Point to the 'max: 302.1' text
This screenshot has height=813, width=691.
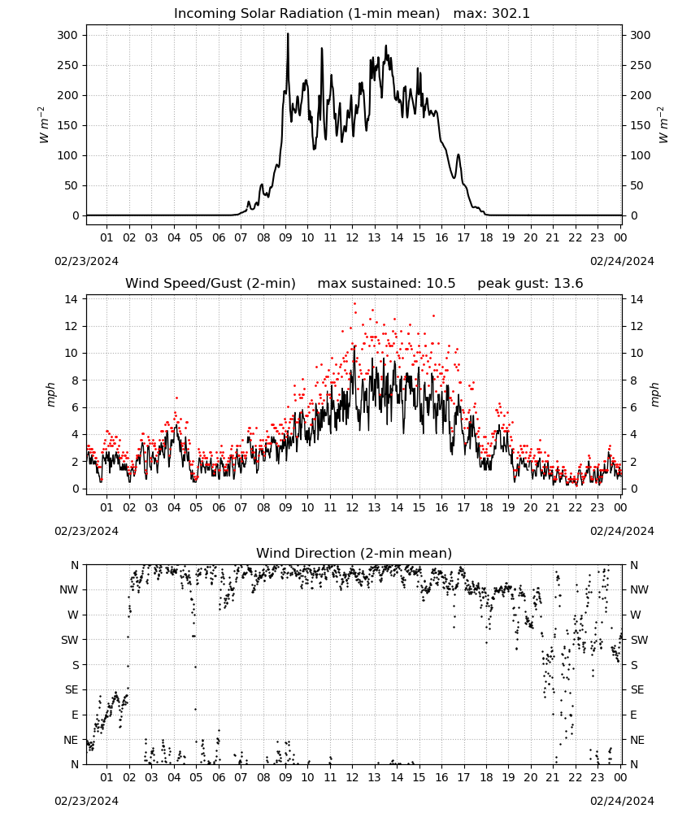coord(492,14)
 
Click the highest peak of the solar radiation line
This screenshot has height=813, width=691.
coord(289,33)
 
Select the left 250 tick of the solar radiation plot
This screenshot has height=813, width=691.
coord(68,65)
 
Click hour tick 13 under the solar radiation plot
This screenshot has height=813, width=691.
coord(374,237)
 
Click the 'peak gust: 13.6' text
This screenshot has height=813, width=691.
coord(530,284)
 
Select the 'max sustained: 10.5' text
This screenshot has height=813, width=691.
coord(386,284)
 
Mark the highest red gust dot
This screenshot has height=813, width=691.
coord(354,304)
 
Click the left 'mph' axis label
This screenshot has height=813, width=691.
coord(50,394)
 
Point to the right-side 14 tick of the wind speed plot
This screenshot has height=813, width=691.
coord(637,299)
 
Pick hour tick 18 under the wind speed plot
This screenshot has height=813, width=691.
coord(485,507)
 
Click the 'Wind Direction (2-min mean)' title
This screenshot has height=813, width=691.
coord(354,553)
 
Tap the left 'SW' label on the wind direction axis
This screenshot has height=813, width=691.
coord(70,640)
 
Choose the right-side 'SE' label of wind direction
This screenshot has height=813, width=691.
coord(637,689)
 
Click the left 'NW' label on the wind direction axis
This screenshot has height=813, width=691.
coord(69,589)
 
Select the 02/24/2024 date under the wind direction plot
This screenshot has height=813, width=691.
coord(622,801)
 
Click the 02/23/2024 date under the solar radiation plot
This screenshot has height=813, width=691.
coord(86,261)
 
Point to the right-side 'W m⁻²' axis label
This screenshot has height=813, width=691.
coord(663,125)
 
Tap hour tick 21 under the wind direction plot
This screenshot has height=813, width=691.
coord(553,777)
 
